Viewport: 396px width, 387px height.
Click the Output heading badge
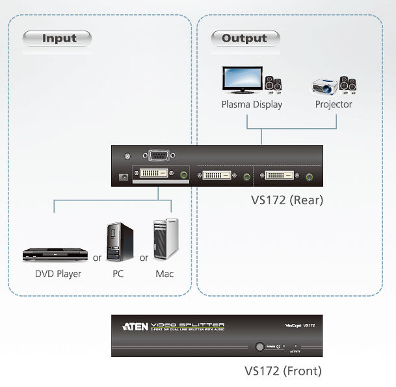click(245, 38)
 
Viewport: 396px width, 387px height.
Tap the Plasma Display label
click(252, 104)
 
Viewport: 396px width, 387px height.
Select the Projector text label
click(334, 104)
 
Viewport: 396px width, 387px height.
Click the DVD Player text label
click(59, 274)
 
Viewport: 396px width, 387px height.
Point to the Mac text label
click(165, 274)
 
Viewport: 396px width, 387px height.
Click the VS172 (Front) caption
click(283, 372)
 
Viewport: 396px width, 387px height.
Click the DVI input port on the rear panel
click(152, 174)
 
